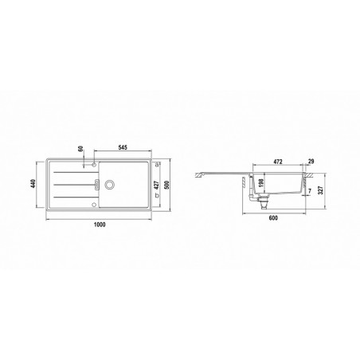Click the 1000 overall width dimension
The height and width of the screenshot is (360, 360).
tap(100, 225)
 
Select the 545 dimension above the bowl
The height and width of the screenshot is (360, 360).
tap(123, 147)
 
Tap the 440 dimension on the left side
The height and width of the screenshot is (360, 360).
tap(33, 184)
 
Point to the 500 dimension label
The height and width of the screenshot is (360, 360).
tap(167, 185)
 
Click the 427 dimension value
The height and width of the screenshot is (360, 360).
tap(156, 185)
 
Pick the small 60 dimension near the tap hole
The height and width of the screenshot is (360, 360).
tap(81, 149)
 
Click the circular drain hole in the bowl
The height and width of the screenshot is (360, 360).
tap(109, 184)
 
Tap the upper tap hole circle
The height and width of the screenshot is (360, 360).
tap(93, 165)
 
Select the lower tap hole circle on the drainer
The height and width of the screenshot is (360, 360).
tap(93, 204)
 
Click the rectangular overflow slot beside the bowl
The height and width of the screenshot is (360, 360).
tap(97, 184)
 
